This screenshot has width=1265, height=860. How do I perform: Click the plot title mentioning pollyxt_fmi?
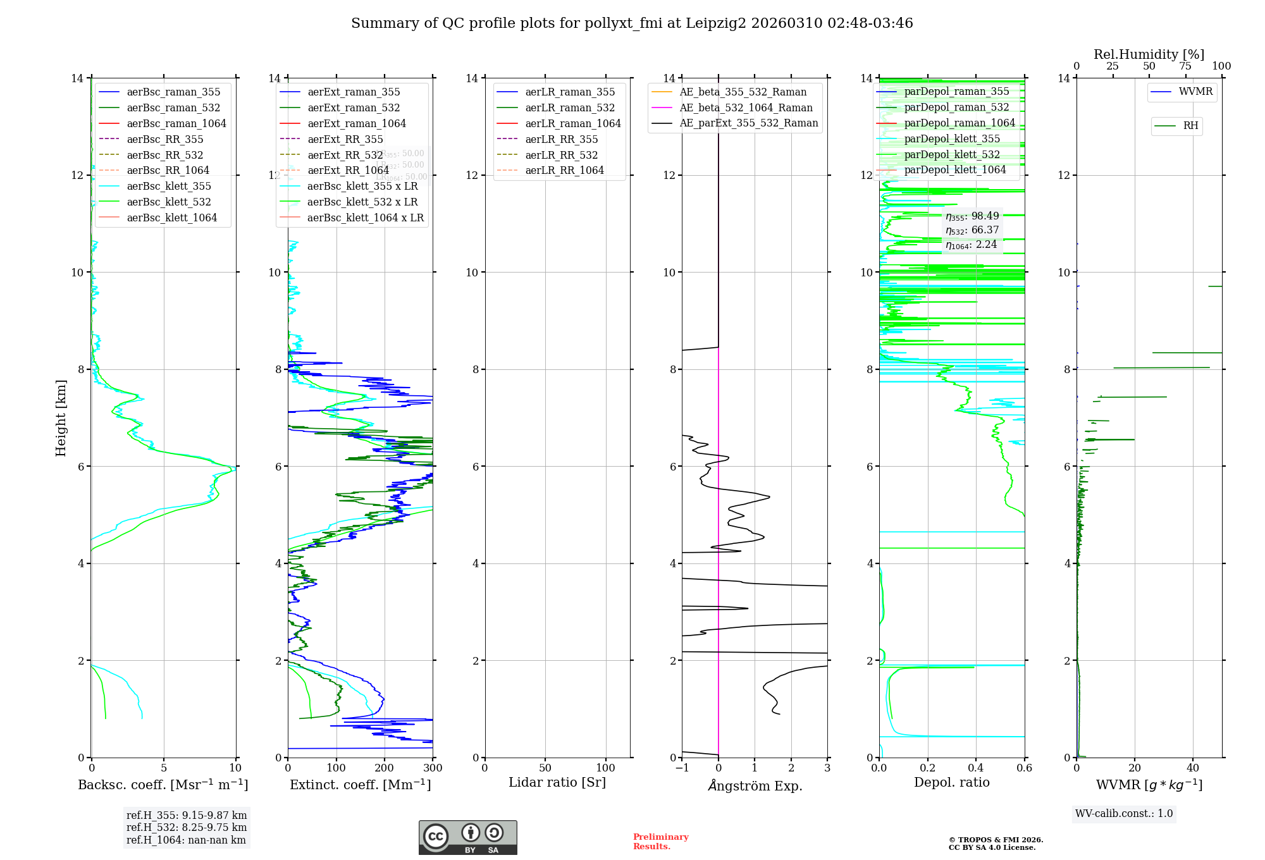click(632, 23)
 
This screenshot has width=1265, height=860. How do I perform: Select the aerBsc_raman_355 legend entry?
click(173, 92)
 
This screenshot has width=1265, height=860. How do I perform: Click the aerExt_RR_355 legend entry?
click(345, 139)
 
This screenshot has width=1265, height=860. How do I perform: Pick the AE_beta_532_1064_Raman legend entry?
click(746, 107)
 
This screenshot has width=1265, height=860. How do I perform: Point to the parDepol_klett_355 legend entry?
click(951, 138)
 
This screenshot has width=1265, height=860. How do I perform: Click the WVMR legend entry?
click(1195, 92)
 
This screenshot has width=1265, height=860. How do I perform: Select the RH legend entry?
click(1190, 126)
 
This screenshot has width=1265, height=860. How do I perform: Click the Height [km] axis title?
click(61, 417)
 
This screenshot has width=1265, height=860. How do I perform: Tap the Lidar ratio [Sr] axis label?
click(557, 782)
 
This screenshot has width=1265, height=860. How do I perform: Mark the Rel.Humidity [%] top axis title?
click(1149, 54)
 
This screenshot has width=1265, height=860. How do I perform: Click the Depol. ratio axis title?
click(951, 782)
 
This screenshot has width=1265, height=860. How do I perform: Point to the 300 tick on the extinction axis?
click(433, 768)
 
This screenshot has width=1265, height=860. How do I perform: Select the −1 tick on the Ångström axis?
click(681, 768)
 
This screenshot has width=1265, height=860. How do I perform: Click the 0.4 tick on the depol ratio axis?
click(976, 768)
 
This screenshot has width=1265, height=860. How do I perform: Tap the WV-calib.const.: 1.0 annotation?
click(1123, 814)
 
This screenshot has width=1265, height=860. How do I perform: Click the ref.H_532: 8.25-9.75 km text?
click(187, 827)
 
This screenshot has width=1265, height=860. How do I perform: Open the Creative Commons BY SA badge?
click(467, 837)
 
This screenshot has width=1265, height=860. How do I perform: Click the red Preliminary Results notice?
click(660, 841)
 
